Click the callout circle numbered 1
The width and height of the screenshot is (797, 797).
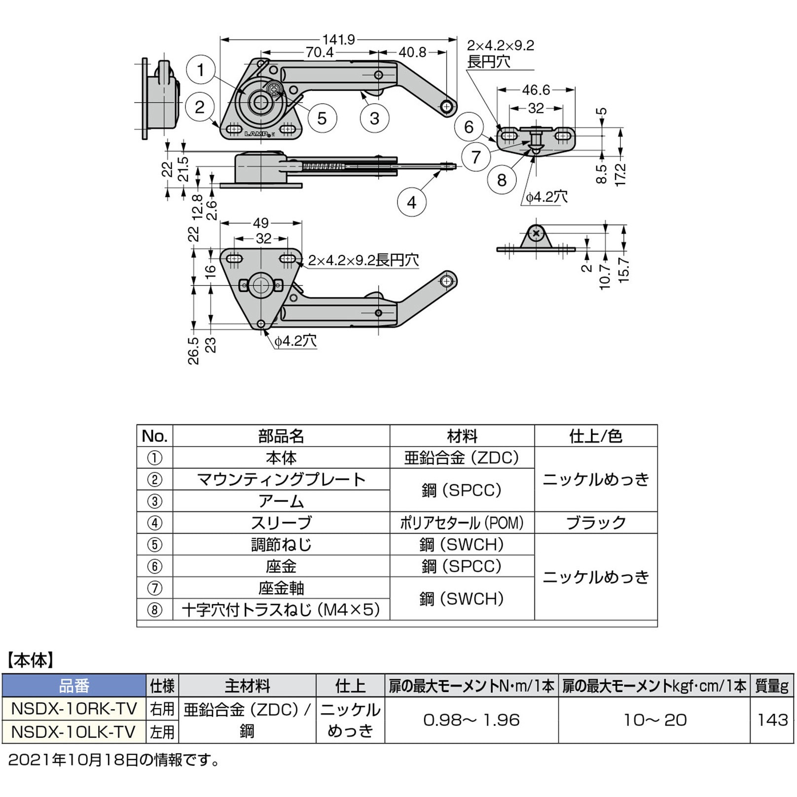[x=201, y=70]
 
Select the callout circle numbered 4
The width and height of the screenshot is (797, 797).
[x=411, y=202]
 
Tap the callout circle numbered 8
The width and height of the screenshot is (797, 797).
[x=502, y=180]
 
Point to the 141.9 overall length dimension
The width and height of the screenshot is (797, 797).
[x=338, y=39]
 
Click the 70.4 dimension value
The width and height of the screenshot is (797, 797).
[x=320, y=52]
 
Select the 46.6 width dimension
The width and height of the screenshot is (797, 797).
[x=536, y=90]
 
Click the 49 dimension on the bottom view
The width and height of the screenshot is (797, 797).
[x=260, y=223]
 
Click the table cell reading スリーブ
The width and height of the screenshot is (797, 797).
[x=281, y=523]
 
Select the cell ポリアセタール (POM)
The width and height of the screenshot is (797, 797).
[x=462, y=523]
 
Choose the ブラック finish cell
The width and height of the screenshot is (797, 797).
[x=596, y=523]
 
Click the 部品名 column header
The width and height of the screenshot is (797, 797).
[x=281, y=436]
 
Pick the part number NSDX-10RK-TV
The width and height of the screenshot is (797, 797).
[x=74, y=709]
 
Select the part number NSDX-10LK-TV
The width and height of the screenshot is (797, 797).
[x=74, y=731]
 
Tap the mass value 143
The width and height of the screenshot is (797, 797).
[x=772, y=720]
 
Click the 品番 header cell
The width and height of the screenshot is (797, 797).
[x=74, y=686]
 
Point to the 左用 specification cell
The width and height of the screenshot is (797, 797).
[x=162, y=731]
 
